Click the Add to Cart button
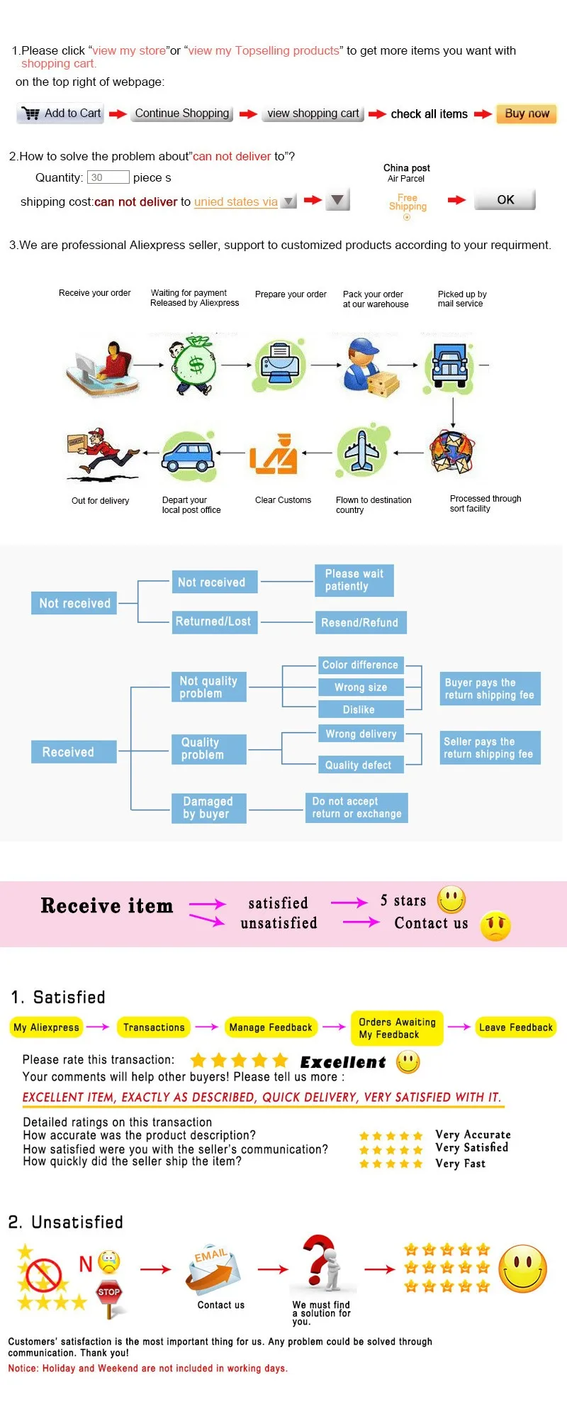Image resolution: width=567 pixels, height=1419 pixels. [61, 114]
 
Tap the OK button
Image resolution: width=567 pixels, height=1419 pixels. [505, 200]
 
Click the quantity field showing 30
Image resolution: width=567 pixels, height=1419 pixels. [108, 177]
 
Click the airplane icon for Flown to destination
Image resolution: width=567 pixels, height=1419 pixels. [362, 451]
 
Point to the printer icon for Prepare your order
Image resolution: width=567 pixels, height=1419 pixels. [280, 365]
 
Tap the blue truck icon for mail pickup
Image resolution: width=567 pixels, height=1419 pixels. [449, 365]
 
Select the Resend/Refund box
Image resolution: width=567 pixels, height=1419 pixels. [360, 622]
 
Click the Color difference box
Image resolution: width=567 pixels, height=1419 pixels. [360, 665]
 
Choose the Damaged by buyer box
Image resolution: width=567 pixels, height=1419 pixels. [208, 807]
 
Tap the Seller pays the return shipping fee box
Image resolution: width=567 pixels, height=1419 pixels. [490, 748]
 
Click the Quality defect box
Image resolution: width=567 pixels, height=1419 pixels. [359, 765]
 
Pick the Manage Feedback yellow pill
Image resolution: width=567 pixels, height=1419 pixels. [270, 1027]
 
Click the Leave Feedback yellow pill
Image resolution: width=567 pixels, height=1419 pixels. [515, 1027]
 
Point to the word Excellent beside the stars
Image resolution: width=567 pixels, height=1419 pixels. [343, 1062]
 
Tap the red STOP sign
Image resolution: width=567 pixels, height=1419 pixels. [108, 1293]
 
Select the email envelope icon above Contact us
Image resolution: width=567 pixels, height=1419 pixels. [214, 1271]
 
